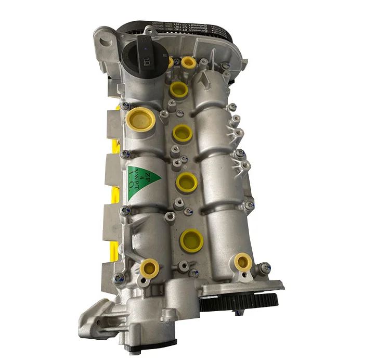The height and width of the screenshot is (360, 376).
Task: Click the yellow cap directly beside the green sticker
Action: point(186,182)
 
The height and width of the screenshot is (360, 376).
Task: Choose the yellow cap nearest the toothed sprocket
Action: point(242,262)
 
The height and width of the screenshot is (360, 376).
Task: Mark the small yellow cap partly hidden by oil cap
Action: point(171,62)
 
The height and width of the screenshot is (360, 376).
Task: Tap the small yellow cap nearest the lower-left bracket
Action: point(150,268)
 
